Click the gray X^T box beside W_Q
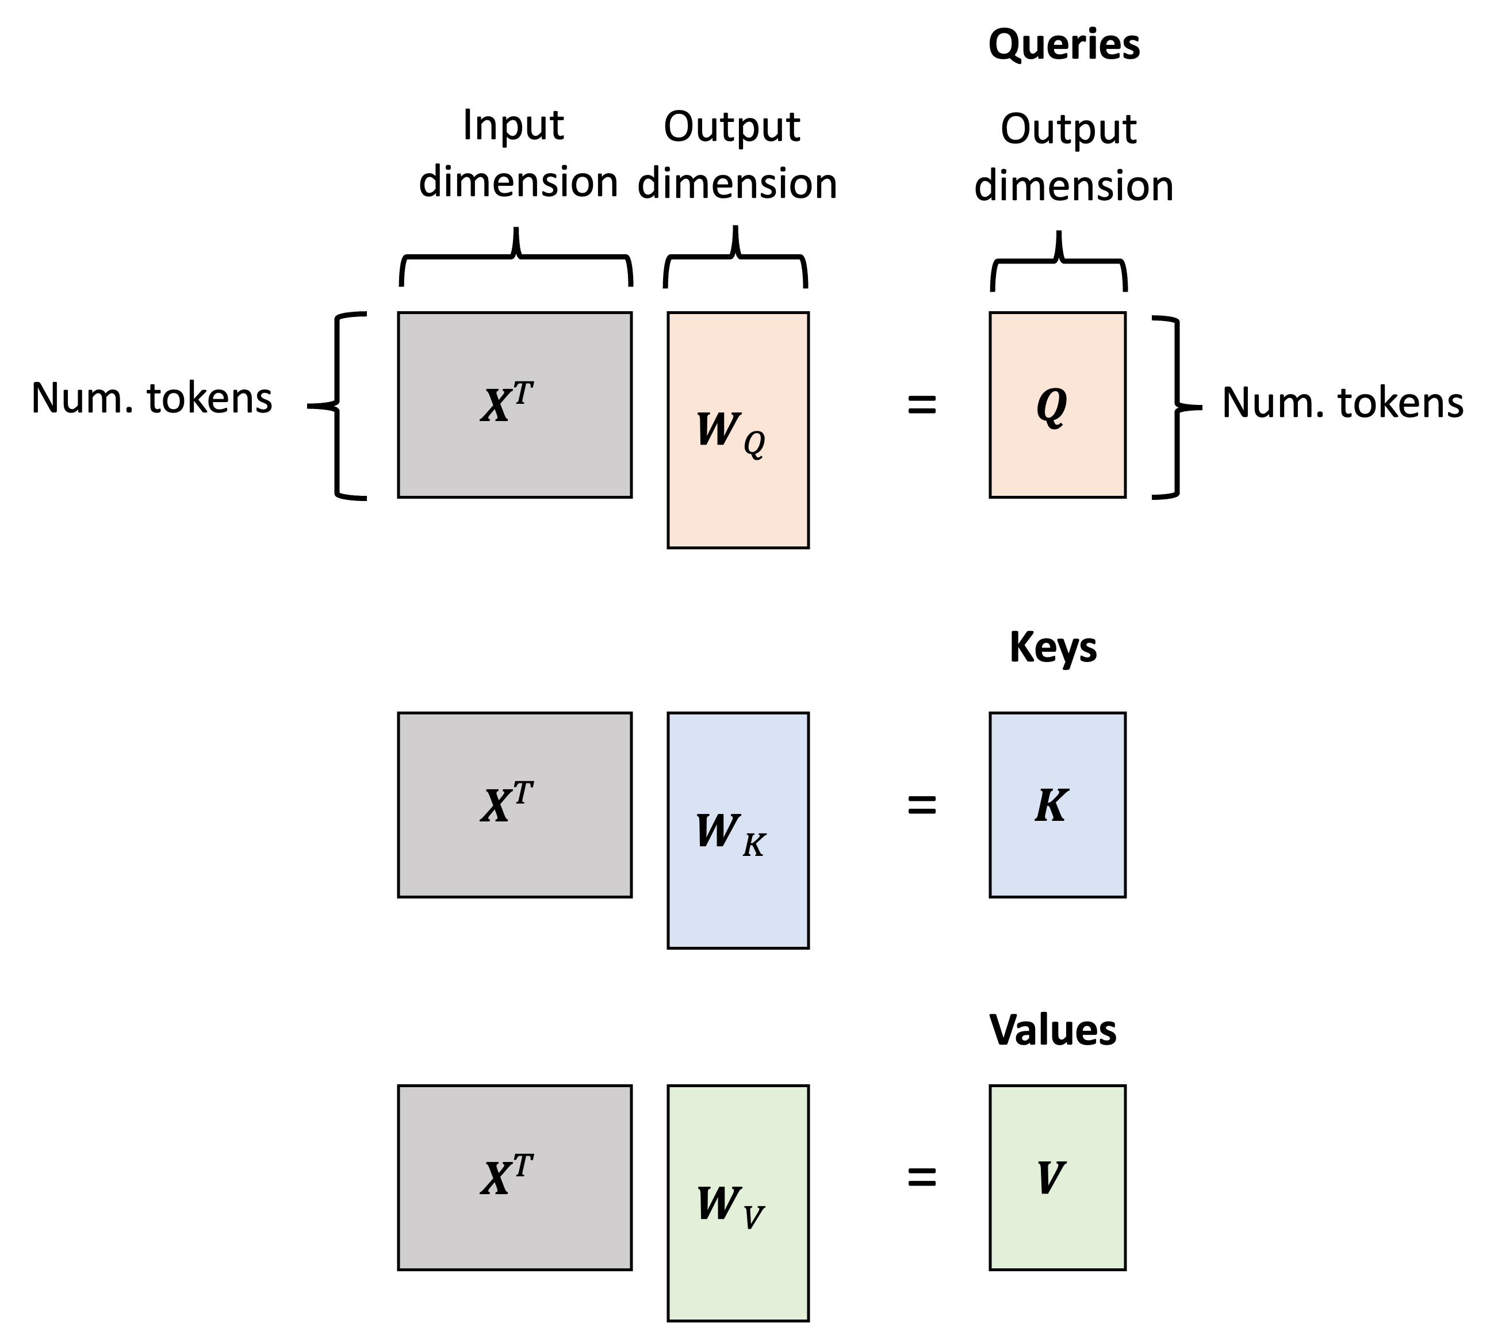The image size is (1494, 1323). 515,405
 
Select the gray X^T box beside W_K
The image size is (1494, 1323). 515,804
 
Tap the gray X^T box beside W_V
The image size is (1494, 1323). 515,1177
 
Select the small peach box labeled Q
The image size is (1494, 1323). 1057,453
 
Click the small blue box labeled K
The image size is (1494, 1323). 1057,855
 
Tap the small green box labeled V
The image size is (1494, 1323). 1057,1228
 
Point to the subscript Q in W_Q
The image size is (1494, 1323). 754,443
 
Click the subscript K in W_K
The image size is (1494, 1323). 754,845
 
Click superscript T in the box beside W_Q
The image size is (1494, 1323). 523,393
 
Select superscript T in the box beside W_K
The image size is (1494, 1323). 523,793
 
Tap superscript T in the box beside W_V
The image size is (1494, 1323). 523,1166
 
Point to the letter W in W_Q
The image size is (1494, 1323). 718,429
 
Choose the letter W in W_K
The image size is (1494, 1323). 718,831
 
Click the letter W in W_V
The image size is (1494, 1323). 718,1204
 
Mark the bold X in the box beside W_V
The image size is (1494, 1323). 496,1179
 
